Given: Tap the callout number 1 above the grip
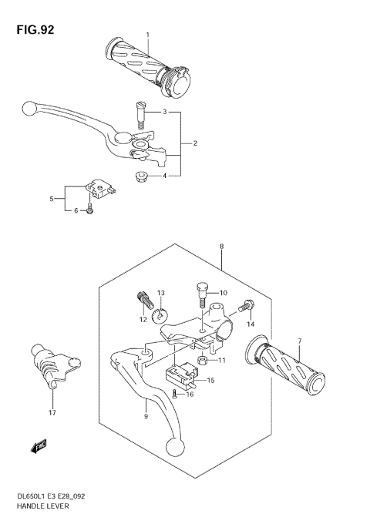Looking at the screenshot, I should [x=147, y=35].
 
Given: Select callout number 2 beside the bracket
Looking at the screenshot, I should [x=195, y=143].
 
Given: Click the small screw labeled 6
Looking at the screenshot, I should [x=90, y=209].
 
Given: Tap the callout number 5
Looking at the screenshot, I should [x=52, y=199].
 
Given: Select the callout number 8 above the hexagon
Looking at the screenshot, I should [x=221, y=246].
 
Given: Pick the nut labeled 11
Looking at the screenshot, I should [x=202, y=360].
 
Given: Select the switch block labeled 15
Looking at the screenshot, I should [x=184, y=375].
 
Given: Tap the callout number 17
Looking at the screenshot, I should [x=52, y=411].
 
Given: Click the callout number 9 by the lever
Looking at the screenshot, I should [x=145, y=416].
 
